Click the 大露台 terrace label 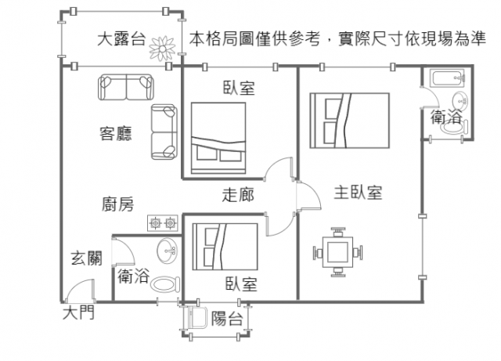tap(121, 39)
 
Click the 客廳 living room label tap(115, 132)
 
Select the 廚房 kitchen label tap(117, 205)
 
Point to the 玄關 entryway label tap(85, 258)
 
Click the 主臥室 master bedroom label tap(358, 192)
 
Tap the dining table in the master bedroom tap(339, 252)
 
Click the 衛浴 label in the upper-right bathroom tap(446, 117)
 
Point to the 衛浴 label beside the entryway tap(133, 276)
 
